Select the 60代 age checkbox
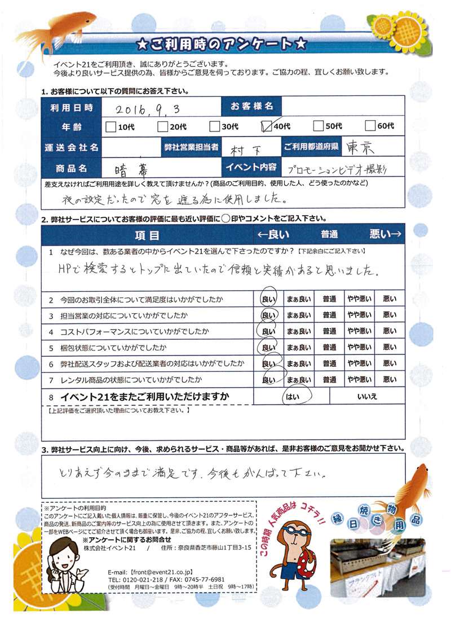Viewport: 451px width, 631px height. pos(371,126)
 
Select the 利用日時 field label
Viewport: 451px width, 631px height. pos(70,107)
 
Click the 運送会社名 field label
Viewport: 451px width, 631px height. pos(70,147)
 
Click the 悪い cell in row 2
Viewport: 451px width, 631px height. pos(389,299)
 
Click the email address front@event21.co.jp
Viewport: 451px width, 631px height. pos(167,571)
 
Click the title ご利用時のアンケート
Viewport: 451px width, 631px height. pos(224,43)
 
